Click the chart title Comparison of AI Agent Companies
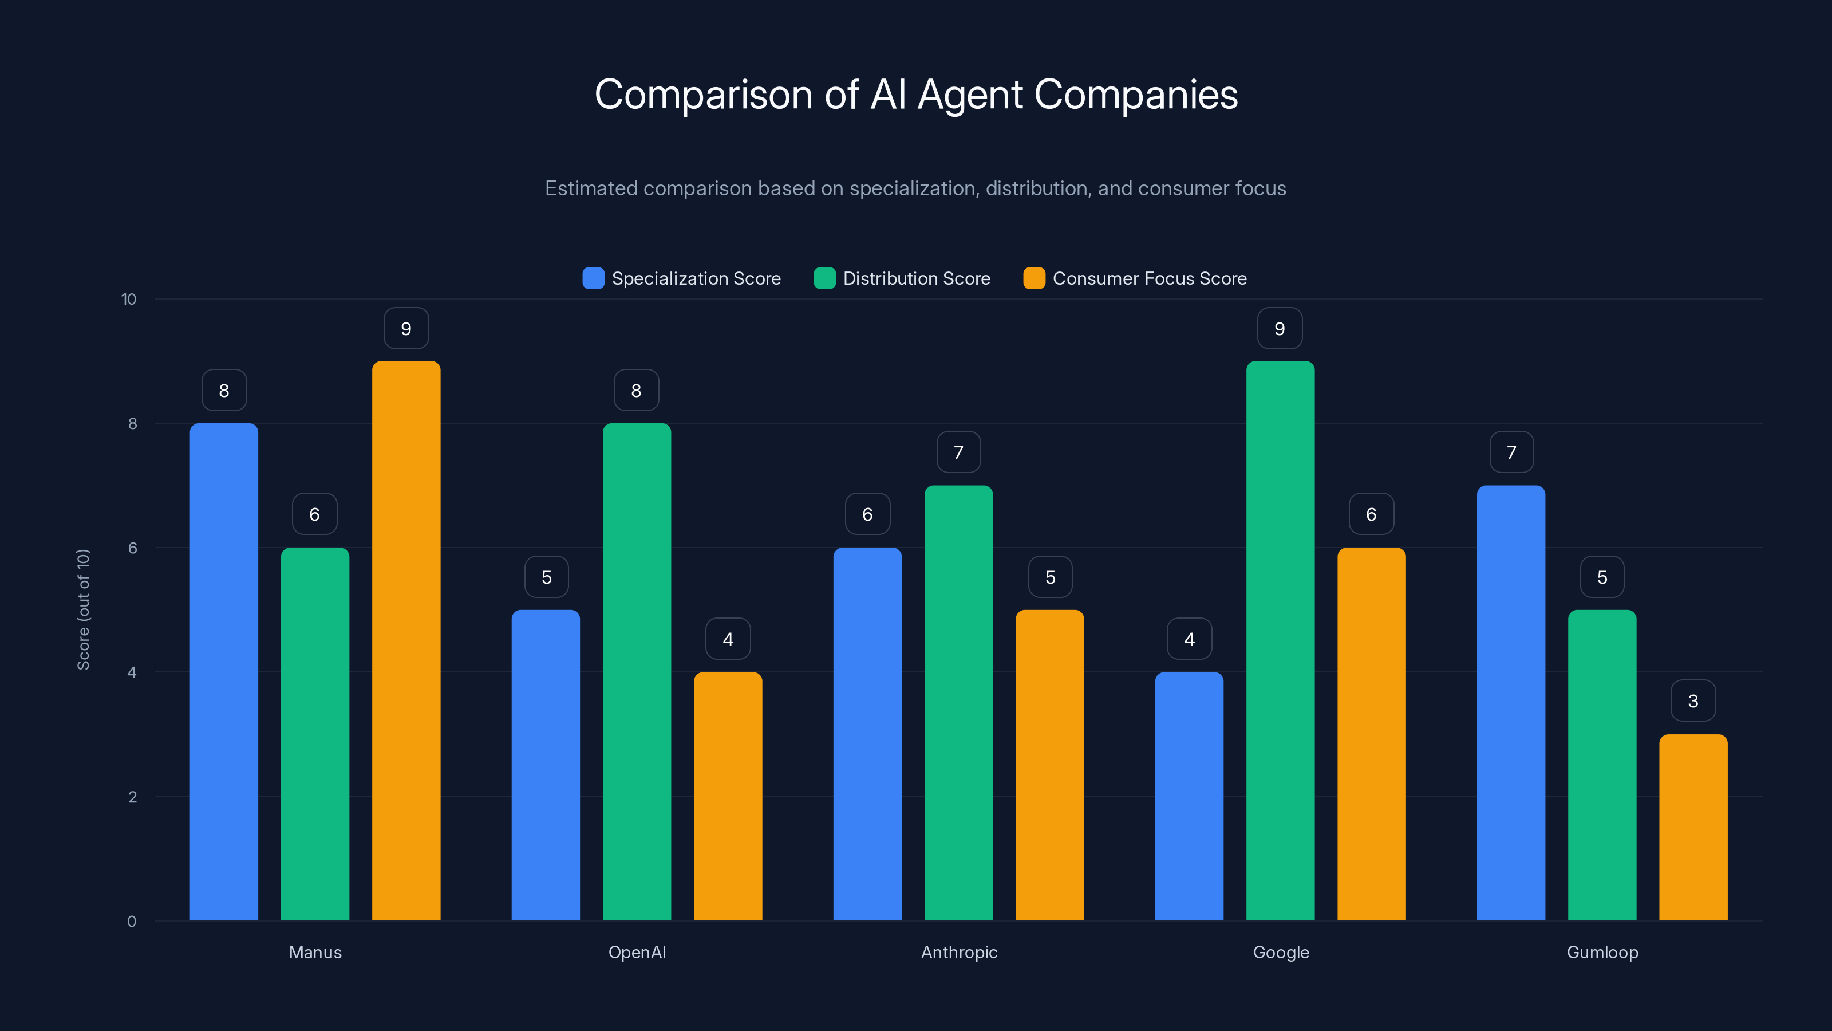tap(916, 95)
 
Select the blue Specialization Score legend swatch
tap(593, 278)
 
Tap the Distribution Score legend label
tap(916, 278)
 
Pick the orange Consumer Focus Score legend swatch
tap(1033, 278)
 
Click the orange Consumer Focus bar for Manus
tap(406, 640)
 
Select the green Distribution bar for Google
tap(1280, 640)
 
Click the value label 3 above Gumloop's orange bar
tap(1693, 701)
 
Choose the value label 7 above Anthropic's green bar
tap(958, 452)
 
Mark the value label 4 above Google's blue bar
tap(1189, 639)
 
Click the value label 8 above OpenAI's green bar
tap(636, 391)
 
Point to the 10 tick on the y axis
tap(129, 299)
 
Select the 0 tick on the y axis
tap(132, 922)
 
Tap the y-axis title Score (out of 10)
tap(83, 609)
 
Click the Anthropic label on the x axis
tap(959, 952)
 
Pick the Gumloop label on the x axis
tap(1602, 952)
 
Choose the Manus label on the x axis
tap(315, 952)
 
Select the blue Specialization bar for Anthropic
tap(867, 734)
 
